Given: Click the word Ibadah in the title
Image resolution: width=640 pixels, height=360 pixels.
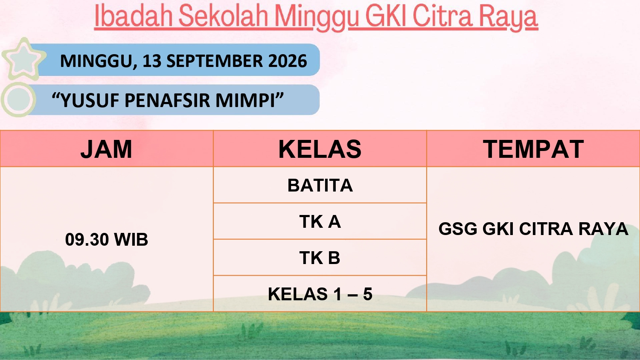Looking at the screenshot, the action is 134,16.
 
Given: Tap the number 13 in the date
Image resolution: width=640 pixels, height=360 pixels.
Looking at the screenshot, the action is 152,61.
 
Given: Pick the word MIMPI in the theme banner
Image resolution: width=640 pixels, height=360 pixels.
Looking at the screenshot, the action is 245,100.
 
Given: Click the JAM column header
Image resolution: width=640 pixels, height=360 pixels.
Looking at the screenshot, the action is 106,149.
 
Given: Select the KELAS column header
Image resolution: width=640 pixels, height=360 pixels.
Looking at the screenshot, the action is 320,149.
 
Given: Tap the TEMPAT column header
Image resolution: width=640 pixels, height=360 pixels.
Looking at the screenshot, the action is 533,149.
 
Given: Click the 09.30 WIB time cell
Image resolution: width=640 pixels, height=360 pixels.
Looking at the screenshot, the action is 107,239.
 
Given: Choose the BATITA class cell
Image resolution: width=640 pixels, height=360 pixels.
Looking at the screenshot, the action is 320,185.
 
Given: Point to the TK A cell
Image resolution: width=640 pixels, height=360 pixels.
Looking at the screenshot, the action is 320,221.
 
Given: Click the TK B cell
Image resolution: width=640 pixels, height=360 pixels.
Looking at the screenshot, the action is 320,258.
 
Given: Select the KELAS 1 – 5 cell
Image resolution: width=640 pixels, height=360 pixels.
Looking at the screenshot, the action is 320,294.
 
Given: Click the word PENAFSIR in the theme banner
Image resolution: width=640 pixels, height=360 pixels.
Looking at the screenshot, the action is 167,100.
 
